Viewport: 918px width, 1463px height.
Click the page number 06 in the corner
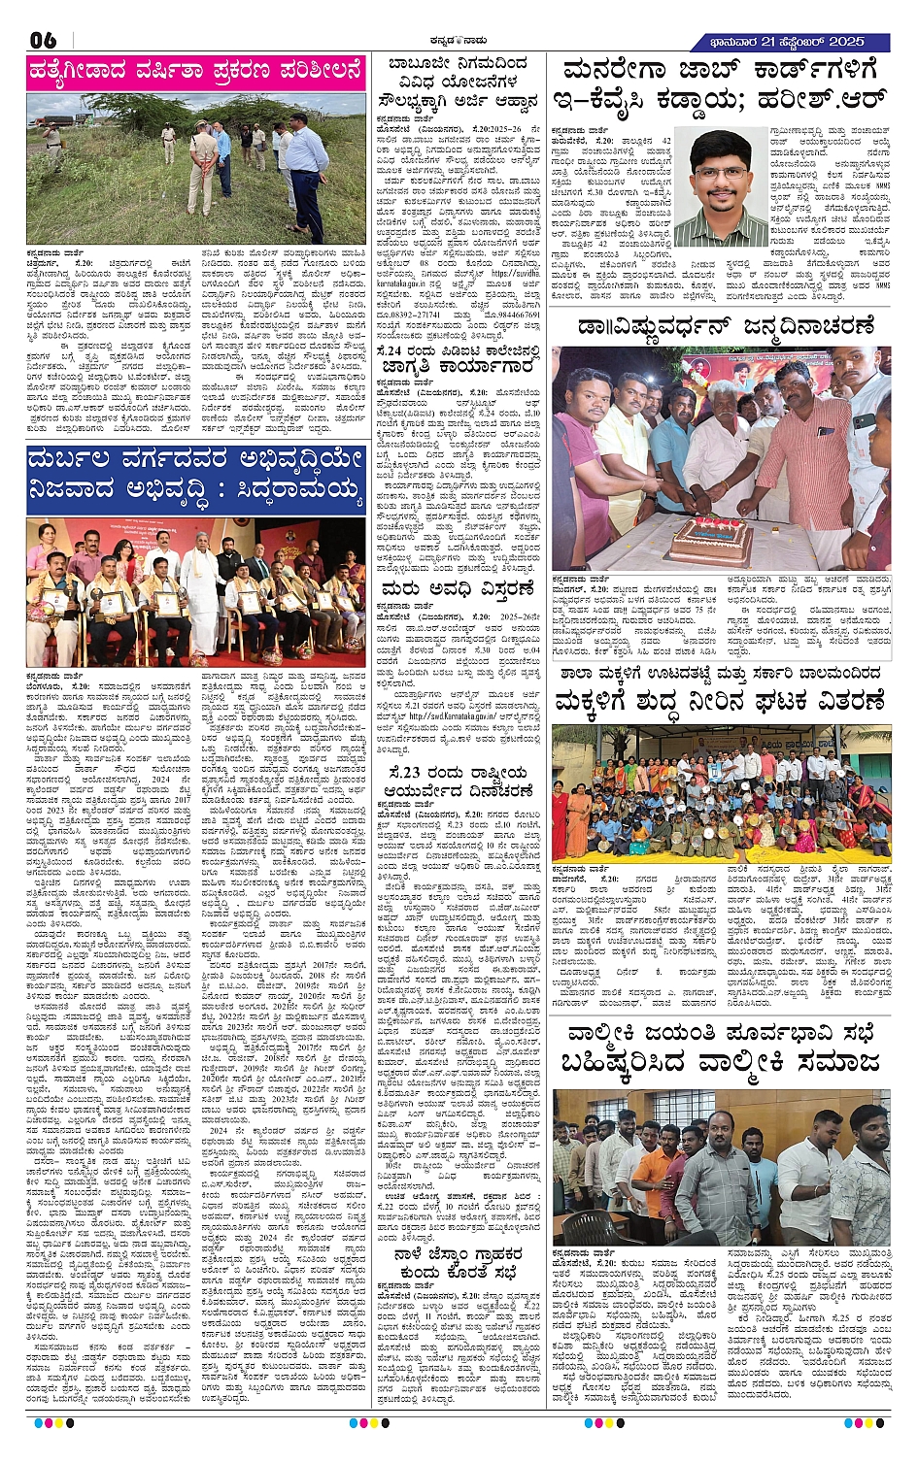44,41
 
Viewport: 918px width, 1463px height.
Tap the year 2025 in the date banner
846,42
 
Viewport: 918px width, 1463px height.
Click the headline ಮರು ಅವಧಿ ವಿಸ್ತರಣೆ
457,589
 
